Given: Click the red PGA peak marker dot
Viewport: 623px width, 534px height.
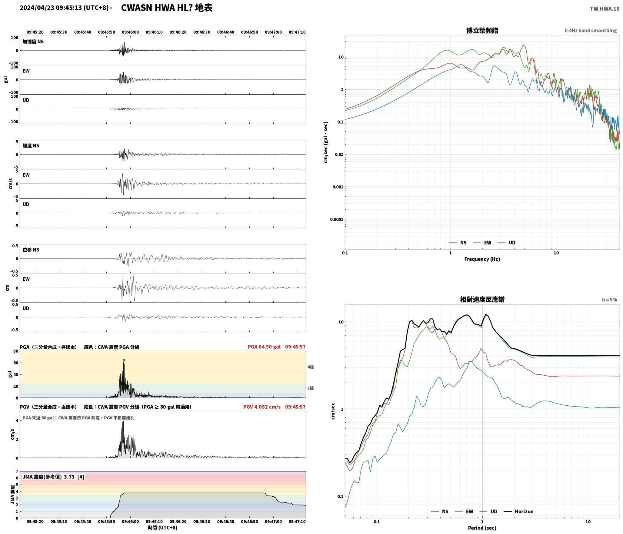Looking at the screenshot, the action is coord(124,360).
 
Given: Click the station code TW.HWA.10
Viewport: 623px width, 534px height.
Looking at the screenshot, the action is coord(605,9).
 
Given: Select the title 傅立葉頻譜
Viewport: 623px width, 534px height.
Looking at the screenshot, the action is coord(482,31).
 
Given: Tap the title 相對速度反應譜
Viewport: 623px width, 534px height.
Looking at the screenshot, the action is coord(482,299).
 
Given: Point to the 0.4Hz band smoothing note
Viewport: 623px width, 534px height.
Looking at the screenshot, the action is coord(591,31).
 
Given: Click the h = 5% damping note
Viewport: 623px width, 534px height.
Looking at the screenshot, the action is coord(609,300).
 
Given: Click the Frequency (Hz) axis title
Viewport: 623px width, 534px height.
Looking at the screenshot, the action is coord(482,259).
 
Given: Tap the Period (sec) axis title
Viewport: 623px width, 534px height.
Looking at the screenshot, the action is coord(482,528).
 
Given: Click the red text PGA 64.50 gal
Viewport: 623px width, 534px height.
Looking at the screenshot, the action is coord(264,347).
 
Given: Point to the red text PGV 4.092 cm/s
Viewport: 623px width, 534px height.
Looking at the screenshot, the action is coord(262,407).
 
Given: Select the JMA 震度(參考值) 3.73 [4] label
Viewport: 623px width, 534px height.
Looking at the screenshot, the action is coord(53,477).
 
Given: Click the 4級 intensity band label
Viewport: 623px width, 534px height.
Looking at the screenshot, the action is coord(311,367).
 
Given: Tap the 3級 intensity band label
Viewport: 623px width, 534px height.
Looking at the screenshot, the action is coord(311,388).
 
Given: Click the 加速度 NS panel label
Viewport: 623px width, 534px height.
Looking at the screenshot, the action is coord(33,42).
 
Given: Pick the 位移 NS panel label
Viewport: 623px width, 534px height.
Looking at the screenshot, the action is coord(31,250).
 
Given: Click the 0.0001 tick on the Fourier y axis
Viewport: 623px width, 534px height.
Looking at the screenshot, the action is coord(337,219).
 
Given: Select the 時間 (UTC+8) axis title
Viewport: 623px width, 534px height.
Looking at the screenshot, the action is coord(163,528).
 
